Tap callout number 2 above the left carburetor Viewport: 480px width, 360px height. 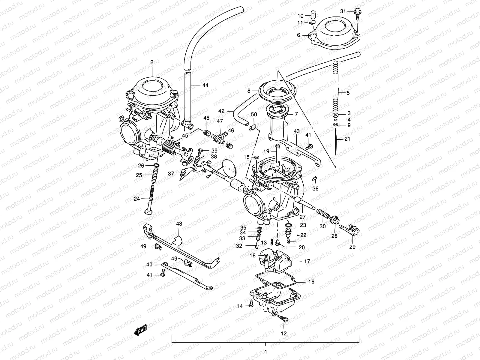click(152, 62)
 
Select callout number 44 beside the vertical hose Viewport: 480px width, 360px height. click(205, 85)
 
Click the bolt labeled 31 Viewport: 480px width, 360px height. click(357, 13)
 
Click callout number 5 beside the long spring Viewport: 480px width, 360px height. click(348, 93)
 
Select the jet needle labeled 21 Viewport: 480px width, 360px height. click(336, 142)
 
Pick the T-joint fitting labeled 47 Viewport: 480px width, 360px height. click(220, 137)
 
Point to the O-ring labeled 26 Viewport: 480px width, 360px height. click(157, 165)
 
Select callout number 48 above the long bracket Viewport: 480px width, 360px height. click(179, 223)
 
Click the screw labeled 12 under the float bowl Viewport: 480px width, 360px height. click(283, 320)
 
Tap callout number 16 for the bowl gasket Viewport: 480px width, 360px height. click(311, 282)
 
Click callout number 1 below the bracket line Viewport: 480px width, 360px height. click(265, 352)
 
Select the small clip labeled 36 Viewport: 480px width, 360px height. click(315, 179)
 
